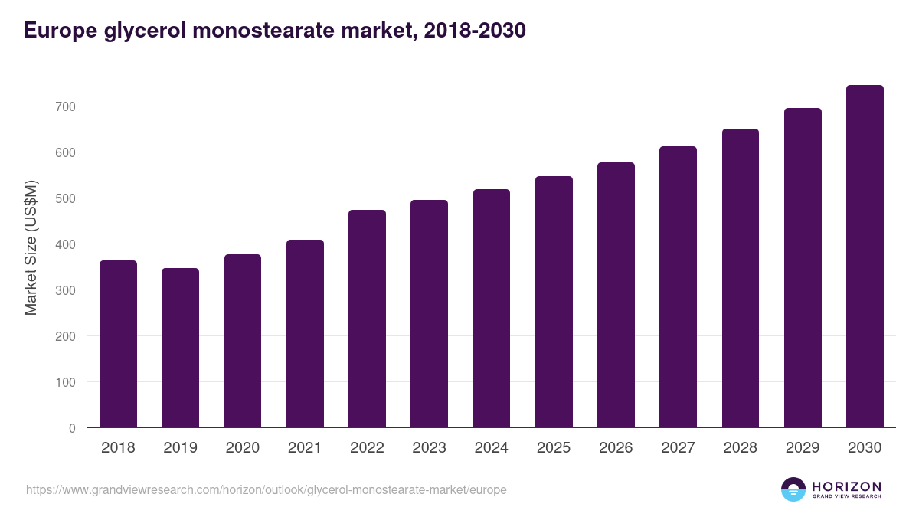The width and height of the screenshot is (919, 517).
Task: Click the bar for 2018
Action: point(118,344)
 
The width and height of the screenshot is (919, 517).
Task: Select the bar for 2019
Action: point(180,348)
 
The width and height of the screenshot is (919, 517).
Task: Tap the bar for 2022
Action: point(367,319)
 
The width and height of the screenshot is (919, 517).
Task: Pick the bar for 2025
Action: point(554,302)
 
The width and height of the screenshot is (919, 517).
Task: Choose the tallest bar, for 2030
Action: point(865,257)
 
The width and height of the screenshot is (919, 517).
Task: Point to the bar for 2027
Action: point(678,287)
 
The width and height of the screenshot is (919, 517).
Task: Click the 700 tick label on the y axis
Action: point(65,106)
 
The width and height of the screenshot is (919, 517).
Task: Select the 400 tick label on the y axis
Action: point(65,244)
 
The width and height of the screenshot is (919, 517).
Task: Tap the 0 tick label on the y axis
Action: point(72,428)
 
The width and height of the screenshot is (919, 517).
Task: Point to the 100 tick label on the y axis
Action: point(65,382)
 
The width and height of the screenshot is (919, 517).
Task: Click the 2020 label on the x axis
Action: point(242,448)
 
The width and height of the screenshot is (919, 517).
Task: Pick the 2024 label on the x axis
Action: point(491,448)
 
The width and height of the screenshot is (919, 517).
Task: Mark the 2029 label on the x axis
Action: point(803,448)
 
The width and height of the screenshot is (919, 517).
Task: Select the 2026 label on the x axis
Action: point(616,448)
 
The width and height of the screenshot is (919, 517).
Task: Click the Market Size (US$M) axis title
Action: point(31,247)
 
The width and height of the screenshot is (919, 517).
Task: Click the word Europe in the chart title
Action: point(58,31)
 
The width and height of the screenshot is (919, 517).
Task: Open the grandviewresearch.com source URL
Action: point(266,489)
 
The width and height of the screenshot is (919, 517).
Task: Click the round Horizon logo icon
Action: point(793,489)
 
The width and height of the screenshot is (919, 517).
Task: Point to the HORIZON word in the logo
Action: point(846,486)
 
